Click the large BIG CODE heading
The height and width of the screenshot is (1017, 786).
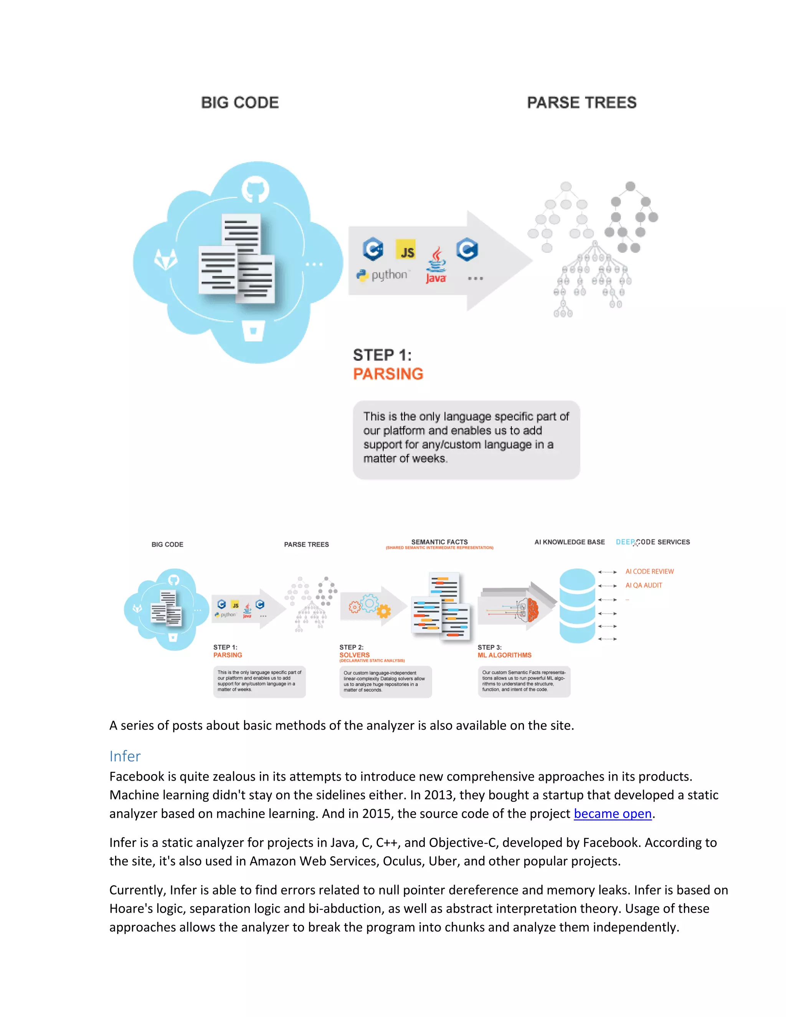click(240, 102)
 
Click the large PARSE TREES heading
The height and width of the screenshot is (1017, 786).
click(581, 102)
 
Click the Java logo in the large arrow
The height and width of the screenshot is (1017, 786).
click(436, 266)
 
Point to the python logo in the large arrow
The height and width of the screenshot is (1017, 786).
click(382, 275)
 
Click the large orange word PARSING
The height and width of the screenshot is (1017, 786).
click(388, 374)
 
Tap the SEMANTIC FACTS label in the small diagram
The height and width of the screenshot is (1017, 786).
click(439, 542)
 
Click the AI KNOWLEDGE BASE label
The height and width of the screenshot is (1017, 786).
click(569, 542)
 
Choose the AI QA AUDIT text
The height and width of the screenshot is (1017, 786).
click(644, 585)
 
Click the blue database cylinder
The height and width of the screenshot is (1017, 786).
click(577, 605)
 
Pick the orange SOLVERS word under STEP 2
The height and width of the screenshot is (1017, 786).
click(354, 655)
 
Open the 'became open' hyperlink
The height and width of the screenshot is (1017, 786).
click(612, 814)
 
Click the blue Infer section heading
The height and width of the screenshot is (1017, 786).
click(125, 756)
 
